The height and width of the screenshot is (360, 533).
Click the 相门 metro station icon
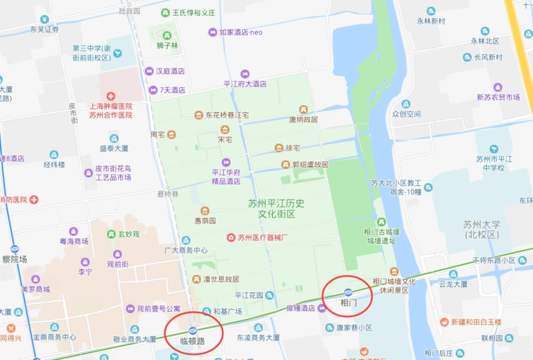click(349, 292)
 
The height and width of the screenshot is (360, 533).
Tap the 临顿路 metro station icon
click(192, 330)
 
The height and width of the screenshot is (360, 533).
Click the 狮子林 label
click(167, 46)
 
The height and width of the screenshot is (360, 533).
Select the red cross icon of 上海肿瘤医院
click(111, 96)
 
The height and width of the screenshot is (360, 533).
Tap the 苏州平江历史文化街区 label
click(271, 209)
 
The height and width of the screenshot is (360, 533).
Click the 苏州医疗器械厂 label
click(263, 237)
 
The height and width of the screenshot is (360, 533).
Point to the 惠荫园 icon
click(205, 210)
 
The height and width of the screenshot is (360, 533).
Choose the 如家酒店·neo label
click(241, 32)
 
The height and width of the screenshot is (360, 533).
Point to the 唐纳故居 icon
click(303, 109)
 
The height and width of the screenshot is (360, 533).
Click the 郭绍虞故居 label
click(310, 165)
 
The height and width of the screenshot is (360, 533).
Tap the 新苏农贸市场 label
click(498, 97)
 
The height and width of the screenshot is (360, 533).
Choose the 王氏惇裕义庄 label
click(194, 13)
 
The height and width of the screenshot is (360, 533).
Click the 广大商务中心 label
click(186, 250)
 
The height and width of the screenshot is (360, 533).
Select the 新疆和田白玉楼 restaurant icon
click(444, 322)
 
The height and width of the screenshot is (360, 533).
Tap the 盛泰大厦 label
click(113, 148)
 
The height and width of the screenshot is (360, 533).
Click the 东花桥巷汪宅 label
click(227, 115)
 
